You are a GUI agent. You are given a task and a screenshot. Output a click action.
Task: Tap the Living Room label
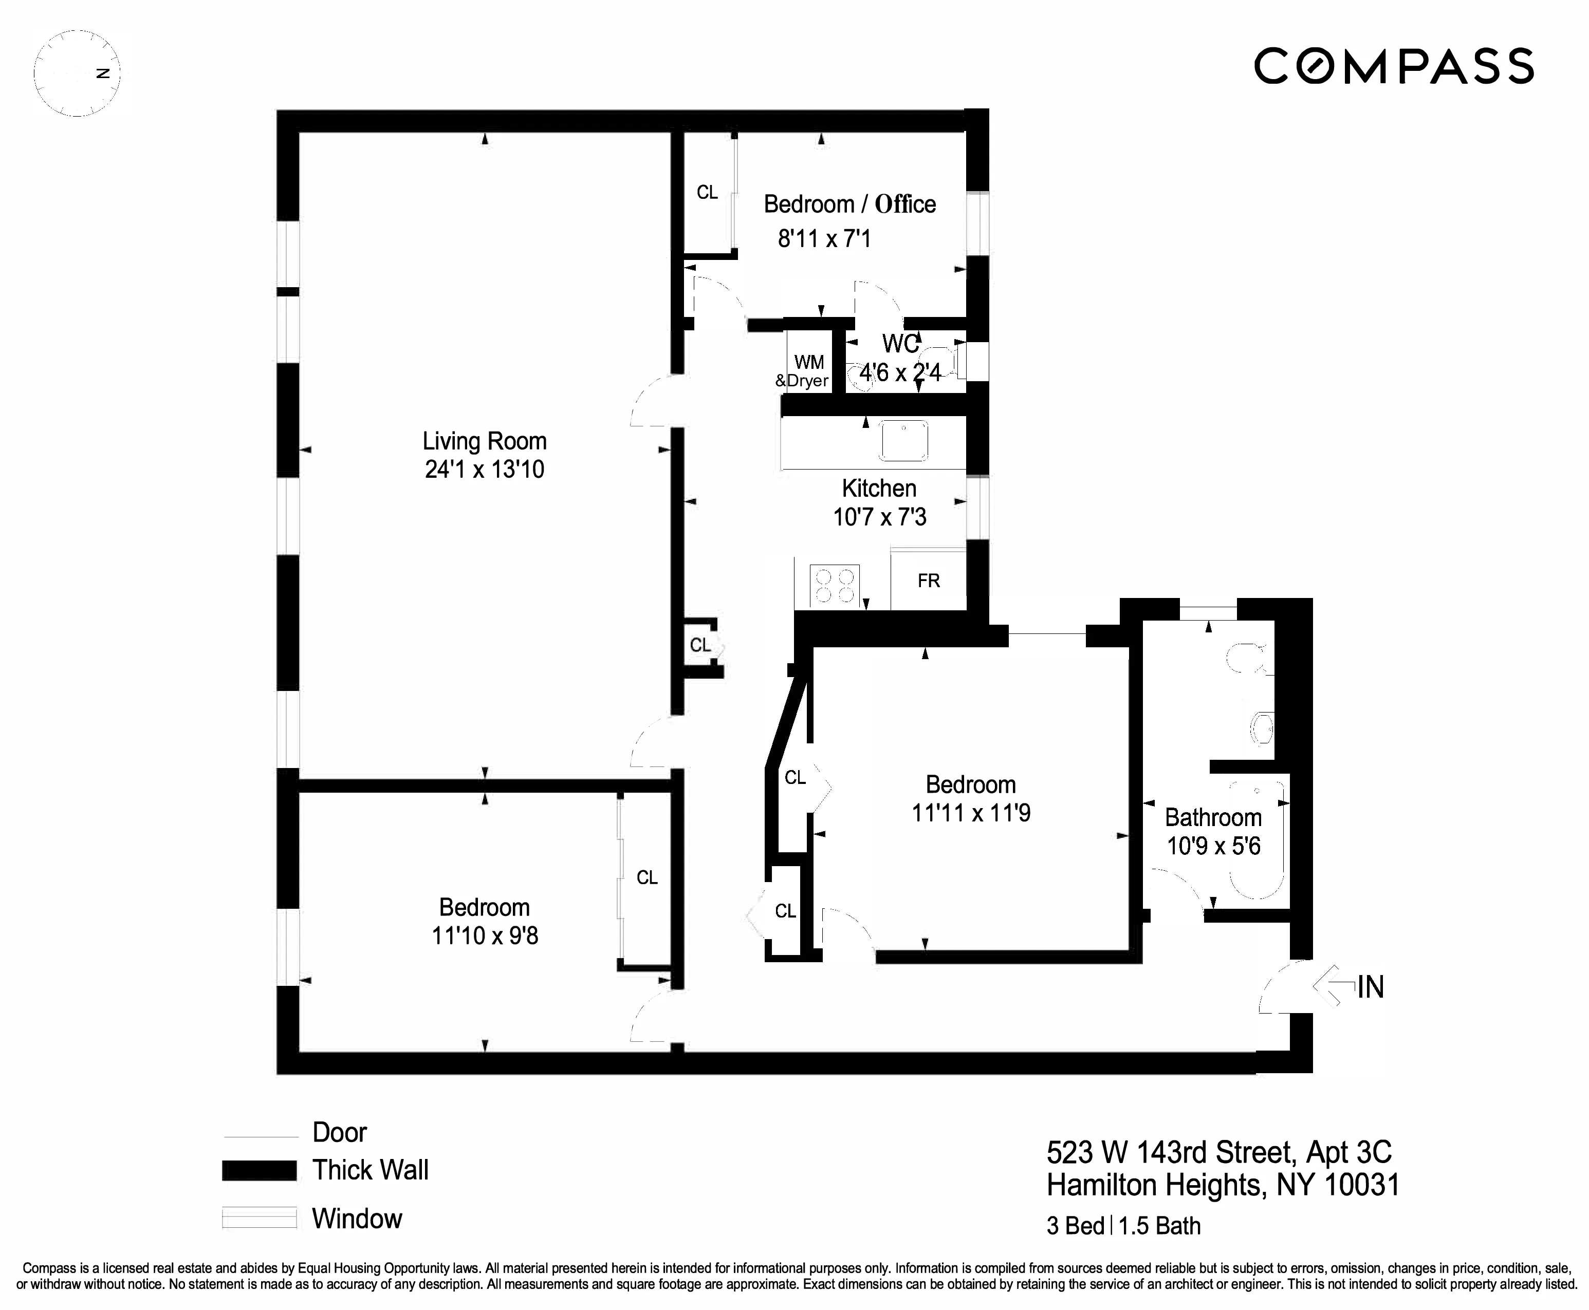484,441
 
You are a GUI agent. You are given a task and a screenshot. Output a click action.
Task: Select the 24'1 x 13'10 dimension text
484,470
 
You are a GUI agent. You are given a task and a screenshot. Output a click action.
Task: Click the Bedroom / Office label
849,204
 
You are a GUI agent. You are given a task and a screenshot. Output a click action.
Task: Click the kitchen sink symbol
903,441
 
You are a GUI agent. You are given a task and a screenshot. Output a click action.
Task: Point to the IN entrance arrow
1335,985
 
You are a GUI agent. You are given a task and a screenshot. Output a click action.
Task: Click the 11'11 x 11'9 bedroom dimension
971,813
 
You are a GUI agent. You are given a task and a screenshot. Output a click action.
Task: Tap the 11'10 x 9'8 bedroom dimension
485,935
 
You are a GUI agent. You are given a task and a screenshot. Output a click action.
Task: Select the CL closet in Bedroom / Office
707,193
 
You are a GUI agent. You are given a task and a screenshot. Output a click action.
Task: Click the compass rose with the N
77,73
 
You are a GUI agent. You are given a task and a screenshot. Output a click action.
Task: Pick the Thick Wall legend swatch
259,1170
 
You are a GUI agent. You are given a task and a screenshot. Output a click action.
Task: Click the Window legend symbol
259,1219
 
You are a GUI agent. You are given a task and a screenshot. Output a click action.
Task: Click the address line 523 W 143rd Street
1218,1152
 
